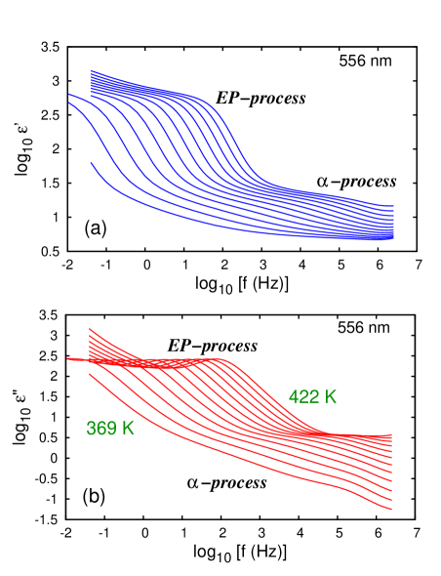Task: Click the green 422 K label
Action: pyautogui.click(x=312, y=397)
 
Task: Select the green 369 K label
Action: pyautogui.click(x=110, y=428)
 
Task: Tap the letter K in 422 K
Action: pyautogui.click(x=331, y=397)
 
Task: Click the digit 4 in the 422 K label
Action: pyautogui.click(x=294, y=397)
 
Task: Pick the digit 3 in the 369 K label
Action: pyautogui.click(x=92, y=428)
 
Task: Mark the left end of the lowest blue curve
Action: pyautogui.click(x=91, y=163)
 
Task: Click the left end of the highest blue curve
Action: pyautogui.click(x=91, y=71)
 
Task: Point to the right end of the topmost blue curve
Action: pyautogui.click(x=392, y=206)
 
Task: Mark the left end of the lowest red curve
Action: pyautogui.click(x=91, y=373)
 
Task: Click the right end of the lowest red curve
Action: pyautogui.click(x=391, y=509)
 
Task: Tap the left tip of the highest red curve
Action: pyautogui.click(x=91, y=329)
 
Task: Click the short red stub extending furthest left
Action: pyautogui.click(x=70, y=359)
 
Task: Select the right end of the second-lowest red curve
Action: pyautogui.click(x=391, y=499)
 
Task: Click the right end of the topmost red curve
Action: pyautogui.click(x=391, y=434)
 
